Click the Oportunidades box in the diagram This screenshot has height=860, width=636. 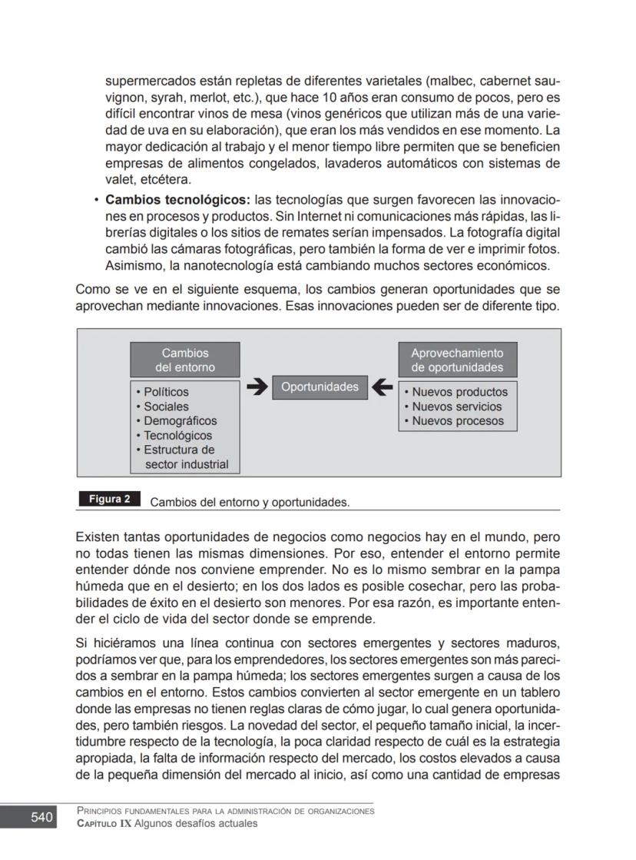pyautogui.click(x=320, y=387)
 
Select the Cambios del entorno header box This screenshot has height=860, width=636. pyautogui.click(x=185, y=360)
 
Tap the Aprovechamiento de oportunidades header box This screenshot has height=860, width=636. pyautogui.click(x=457, y=360)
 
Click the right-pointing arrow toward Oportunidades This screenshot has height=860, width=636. pyautogui.click(x=257, y=387)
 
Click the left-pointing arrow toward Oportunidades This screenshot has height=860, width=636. pyautogui.click(x=382, y=387)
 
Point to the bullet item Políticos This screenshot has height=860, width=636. pyautogui.click(x=166, y=392)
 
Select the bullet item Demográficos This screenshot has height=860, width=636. pyautogui.click(x=180, y=421)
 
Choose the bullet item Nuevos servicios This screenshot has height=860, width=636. pyautogui.click(x=456, y=407)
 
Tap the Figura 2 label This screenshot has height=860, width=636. pyautogui.click(x=109, y=500)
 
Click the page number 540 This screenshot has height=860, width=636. pyautogui.click(x=41, y=818)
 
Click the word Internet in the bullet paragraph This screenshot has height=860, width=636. pyautogui.click(x=323, y=217)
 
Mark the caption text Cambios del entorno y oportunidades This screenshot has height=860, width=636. pyautogui.click(x=250, y=503)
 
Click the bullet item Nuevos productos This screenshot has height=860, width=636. pyautogui.click(x=459, y=392)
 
